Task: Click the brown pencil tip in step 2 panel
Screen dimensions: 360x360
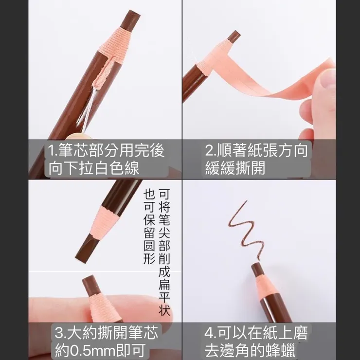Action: point(234,37)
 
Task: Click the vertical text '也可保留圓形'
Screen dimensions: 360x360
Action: point(149,226)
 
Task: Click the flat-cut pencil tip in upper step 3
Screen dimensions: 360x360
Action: point(86,246)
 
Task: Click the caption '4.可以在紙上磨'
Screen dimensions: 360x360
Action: point(256,333)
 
